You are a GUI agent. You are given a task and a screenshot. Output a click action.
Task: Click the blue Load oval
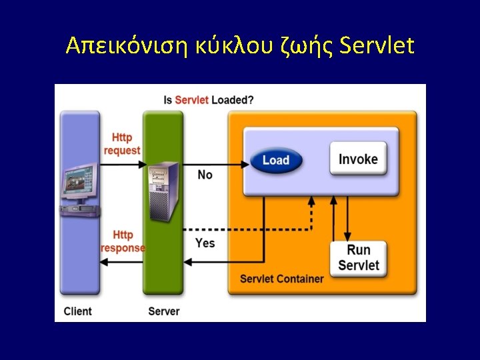click(x=276, y=160)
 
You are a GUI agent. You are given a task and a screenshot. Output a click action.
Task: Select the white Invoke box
click(x=358, y=159)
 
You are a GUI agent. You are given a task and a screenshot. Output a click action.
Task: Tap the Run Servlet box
click(x=358, y=258)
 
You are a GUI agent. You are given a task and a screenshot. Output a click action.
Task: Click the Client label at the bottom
click(x=78, y=311)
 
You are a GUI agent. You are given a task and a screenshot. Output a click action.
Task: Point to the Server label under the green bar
click(x=163, y=311)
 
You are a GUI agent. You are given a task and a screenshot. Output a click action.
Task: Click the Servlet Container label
click(x=281, y=279)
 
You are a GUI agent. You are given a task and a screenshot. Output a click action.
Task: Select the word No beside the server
click(x=205, y=175)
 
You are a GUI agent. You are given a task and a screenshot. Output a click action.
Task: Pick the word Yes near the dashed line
click(x=205, y=243)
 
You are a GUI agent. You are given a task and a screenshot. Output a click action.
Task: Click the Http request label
click(x=122, y=144)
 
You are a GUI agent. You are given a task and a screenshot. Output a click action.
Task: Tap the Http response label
click(x=123, y=241)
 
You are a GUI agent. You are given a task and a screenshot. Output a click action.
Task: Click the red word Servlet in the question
click(x=192, y=100)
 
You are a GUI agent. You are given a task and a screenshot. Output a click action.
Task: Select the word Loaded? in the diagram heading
click(x=233, y=100)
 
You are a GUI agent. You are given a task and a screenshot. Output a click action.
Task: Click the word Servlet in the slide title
click(x=377, y=46)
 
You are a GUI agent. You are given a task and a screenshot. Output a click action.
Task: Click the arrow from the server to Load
click(x=213, y=162)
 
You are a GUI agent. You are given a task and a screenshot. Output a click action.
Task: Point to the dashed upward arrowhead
click(x=310, y=201)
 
